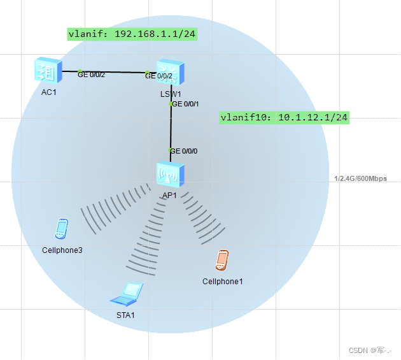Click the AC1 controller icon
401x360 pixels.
(x=48, y=70)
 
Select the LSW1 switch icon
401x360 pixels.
(x=169, y=72)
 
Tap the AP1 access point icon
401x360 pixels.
(x=170, y=175)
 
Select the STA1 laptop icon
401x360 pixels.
(x=126, y=294)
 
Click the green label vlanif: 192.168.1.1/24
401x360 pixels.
(x=132, y=34)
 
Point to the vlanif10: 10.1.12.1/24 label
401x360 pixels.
(x=284, y=117)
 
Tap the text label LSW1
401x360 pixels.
(x=169, y=94)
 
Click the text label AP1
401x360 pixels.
(x=169, y=196)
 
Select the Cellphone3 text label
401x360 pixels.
(x=62, y=250)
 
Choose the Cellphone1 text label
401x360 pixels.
(x=222, y=281)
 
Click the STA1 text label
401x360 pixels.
(x=125, y=315)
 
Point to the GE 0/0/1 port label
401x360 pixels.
(x=186, y=104)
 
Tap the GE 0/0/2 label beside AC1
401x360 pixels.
(x=92, y=75)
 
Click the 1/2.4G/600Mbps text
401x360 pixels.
(x=360, y=179)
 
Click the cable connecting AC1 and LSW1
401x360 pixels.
(x=115, y=72)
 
